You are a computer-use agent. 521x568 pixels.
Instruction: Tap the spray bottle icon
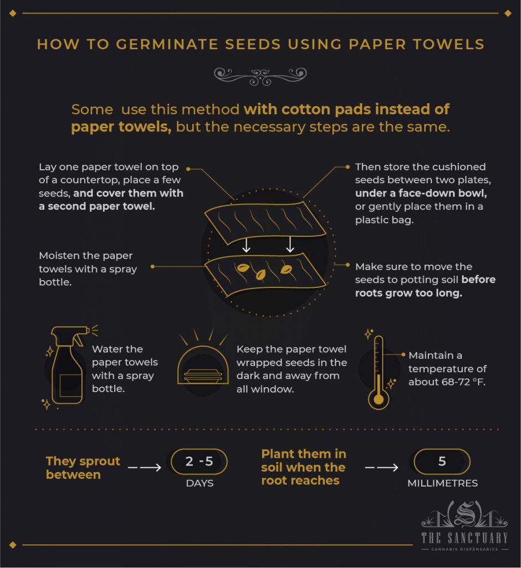tap(69, 366)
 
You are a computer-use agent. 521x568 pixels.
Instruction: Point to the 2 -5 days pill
tap(199, 461)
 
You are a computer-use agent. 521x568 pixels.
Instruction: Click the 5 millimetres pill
tap(442, 461)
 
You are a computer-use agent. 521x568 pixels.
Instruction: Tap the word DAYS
tap(200, 483)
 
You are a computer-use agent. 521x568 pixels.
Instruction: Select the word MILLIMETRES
tap(442, 483)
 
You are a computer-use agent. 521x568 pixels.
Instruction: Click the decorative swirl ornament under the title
tap(260, 76)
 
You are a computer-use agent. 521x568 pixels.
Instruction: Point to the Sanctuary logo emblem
tap(464, 514)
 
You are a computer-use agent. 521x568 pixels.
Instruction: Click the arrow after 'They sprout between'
tap(145, 468)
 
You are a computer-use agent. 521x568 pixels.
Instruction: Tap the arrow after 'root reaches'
tap(382, 468)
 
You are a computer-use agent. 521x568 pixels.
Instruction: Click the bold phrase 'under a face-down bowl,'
tap(421, 193)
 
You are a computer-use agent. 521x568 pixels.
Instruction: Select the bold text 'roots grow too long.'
tap(408, 293)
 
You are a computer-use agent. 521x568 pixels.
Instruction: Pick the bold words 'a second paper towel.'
tap(96, 206)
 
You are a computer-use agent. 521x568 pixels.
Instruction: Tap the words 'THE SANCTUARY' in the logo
tap(464, 538)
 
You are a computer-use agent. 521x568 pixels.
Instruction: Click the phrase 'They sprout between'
tap(83, 468)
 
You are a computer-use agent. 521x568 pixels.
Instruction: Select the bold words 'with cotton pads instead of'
tap(346, 109)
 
